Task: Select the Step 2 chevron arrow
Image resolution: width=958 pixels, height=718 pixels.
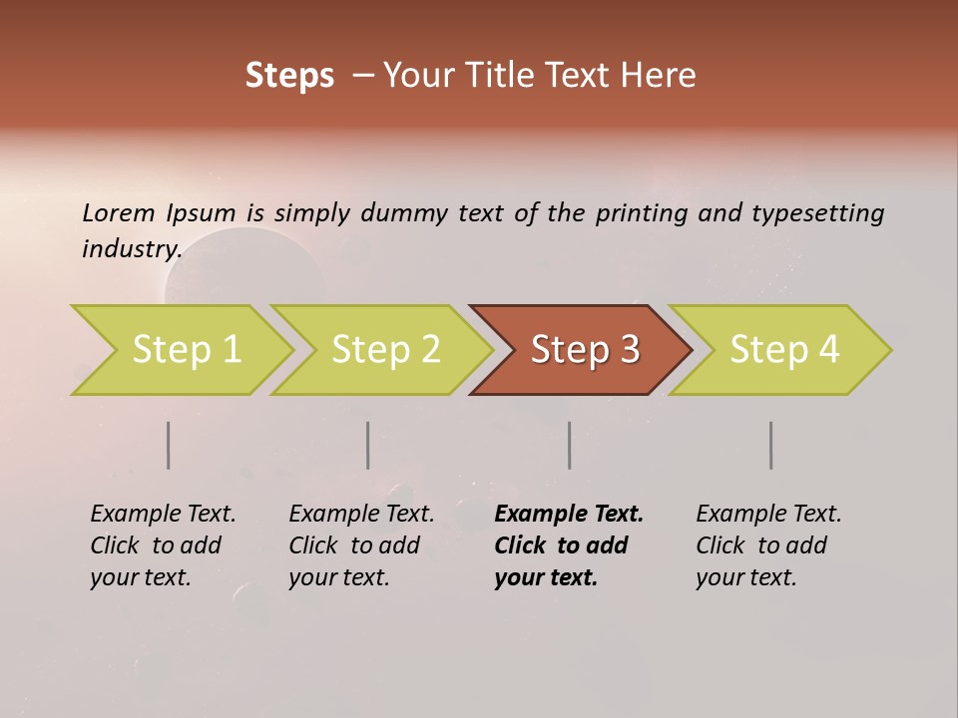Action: point(385,349)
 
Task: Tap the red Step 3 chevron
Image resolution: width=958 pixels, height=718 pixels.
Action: point(585,349)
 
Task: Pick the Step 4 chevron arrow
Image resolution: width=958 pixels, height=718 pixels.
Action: point(784,349)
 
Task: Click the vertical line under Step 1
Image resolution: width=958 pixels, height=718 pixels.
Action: point(169,445)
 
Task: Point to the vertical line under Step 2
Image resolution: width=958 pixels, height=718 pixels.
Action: point(368,445)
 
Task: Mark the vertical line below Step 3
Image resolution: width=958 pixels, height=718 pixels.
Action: point(570,445)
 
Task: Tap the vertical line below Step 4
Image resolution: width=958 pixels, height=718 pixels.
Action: point(771,445)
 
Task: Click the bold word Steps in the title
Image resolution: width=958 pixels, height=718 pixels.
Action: point(289,76)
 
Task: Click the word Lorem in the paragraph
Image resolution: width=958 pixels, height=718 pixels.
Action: point(119,212)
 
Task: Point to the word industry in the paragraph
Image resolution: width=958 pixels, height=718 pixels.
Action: point(131,249)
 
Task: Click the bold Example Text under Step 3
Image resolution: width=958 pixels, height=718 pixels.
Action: point(569,514)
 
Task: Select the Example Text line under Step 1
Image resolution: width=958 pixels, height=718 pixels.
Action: point(163,514)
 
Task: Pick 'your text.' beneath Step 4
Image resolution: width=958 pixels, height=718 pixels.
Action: point(745,577)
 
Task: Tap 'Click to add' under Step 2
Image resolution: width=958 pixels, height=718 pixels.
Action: point(354,545)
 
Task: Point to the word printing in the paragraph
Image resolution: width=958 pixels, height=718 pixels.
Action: point(641,212)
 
